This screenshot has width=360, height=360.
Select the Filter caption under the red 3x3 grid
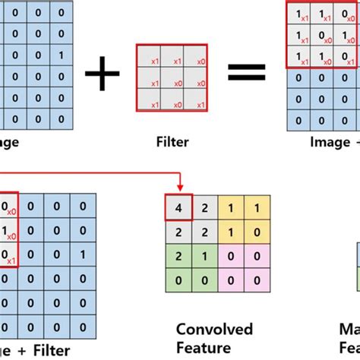click(x=172, y=141)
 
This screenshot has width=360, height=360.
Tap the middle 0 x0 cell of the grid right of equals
click(x=323, y=36)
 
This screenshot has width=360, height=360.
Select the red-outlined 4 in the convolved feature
click(x=177, y=206)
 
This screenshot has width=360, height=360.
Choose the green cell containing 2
click(x=177, y=254)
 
